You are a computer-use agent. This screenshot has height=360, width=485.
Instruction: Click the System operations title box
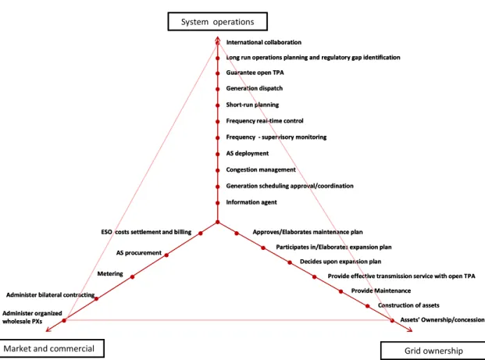tap(217, 22)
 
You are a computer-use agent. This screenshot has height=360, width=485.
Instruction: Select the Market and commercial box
tap(52, 348)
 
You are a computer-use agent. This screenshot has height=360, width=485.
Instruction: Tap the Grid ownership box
tap(433, 351)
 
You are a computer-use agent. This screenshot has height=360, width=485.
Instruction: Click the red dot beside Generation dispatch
tap(218, 89)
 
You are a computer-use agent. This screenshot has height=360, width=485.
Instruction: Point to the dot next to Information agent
tap(218, 203)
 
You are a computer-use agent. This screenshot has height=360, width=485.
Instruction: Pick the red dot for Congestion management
tap(218, 170)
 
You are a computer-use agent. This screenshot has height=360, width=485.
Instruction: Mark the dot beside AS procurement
tap(166, 255)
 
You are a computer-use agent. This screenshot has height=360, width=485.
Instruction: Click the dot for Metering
tap(133, 276)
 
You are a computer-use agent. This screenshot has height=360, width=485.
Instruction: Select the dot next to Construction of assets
tap(368, 306)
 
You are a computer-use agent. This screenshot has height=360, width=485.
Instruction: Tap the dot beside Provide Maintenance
tap(341, 291)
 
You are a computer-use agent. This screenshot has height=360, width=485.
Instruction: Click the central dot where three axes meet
tap(218, 222)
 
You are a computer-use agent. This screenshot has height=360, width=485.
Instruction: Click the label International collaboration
tap(263, 42)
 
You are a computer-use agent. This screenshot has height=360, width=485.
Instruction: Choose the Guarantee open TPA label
tap(255, 73)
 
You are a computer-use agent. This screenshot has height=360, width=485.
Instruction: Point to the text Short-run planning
tap(252, 105)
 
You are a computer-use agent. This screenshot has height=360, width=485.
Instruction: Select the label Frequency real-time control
tap(265, 121)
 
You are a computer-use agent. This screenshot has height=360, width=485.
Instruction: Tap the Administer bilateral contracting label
tap(51, 294)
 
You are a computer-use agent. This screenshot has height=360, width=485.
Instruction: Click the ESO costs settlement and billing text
tap(146, 232)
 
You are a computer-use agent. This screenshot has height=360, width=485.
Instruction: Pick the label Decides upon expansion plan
tap(341, 262)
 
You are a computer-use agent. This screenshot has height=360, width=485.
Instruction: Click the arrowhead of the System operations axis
tap(218, 39)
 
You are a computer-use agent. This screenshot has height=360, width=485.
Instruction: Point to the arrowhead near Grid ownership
tap(410, 330)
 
